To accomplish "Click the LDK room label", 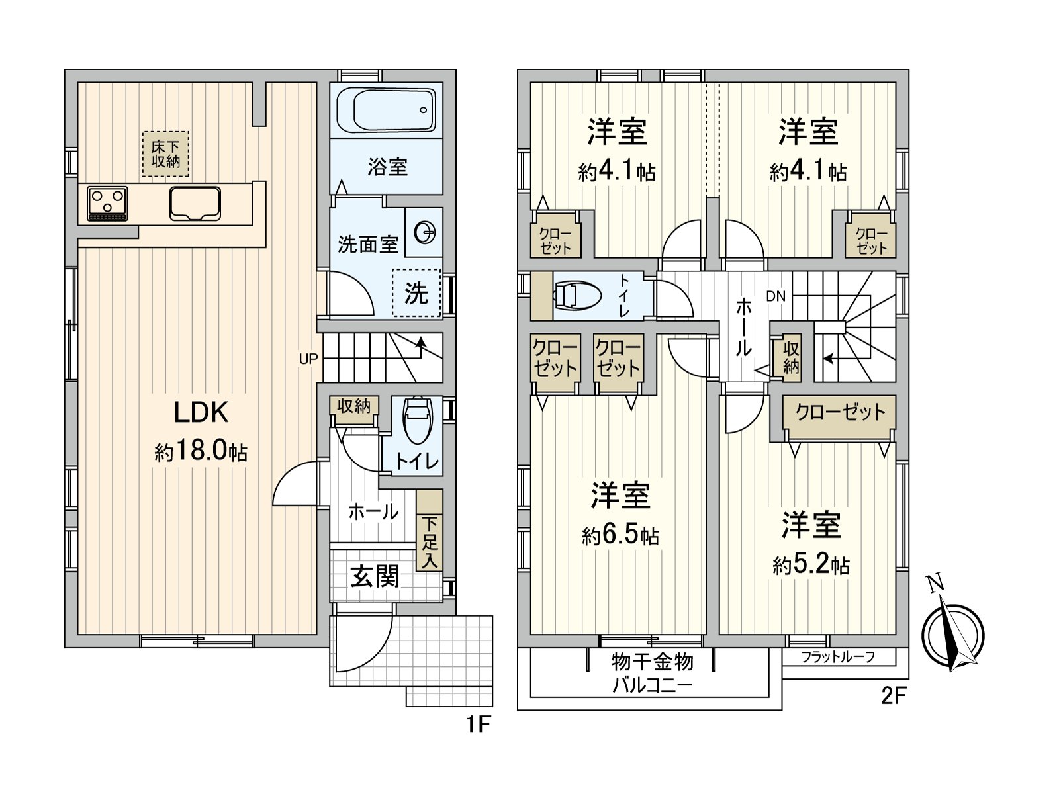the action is [x=201, y=412].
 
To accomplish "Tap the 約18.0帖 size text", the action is [x=201, y=452].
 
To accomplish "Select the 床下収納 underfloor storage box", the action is [x=165, y=154].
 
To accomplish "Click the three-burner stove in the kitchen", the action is [x=107, y=203].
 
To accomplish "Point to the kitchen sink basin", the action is [x=195, y=203].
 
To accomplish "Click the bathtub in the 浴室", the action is [x=386, y=111].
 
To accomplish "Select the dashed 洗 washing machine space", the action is [x=416, y=292].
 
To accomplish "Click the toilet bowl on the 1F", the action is [x=418, y=419].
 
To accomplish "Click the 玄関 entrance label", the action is [x=375, y=576].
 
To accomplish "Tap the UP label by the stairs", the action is [x=308, y=359].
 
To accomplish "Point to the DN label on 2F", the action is [x=776, y=296].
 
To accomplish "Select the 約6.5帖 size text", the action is [x=620, y=535].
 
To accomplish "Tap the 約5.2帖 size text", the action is [x=811, y=564].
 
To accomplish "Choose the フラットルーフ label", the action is [x=838, y=657].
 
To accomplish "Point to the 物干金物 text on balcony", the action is [x=653, y=662].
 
